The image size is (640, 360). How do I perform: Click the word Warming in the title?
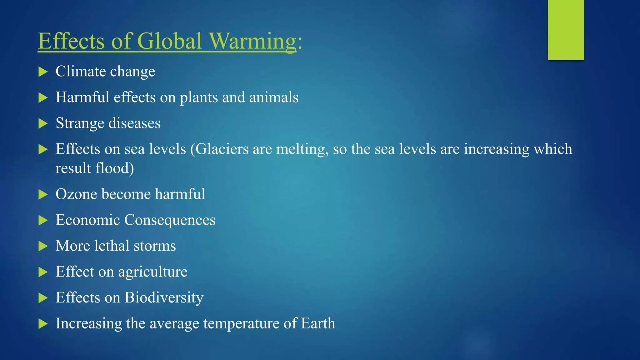pos(252,41)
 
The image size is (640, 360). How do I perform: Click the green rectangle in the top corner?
pos(566,30)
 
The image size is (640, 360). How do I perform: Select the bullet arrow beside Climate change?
pos(43,72)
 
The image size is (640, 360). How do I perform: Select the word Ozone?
pos(76,194)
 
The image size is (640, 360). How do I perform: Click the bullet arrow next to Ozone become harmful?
pos(43,195)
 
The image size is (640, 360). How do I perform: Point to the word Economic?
pos(88,220)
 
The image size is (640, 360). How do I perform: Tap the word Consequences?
pos(170,220)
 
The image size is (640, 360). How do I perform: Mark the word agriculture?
pos(153,272)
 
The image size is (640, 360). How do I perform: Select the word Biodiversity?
pos(164,297)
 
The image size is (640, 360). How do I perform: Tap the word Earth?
pos(318,323)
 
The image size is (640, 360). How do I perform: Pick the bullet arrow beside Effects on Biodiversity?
pos(43,298)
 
